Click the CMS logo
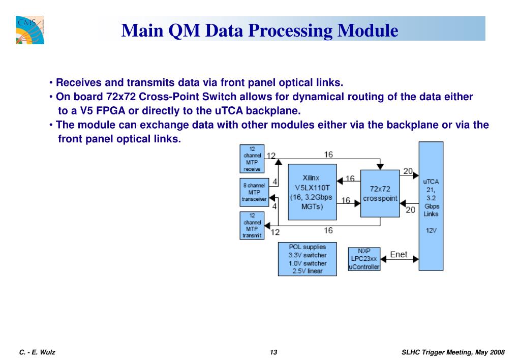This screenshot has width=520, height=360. [29, 29]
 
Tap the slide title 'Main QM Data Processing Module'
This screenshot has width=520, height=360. [260, 31]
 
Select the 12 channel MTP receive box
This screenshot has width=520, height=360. [252, 159]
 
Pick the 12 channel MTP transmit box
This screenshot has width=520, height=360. [252, 226]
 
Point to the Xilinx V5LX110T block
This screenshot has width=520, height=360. [312, 192]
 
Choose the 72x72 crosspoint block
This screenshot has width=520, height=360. [380, 193]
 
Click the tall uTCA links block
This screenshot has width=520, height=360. [431, 205]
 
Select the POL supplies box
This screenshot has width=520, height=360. [307, 259]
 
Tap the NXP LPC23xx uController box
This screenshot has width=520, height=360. [364, 259]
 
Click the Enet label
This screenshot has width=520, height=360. [399, 254]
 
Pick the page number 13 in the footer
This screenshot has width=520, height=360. [273, 352]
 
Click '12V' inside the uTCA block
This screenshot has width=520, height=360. [431, 230]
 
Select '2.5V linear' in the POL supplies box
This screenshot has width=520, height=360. [307, 271]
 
